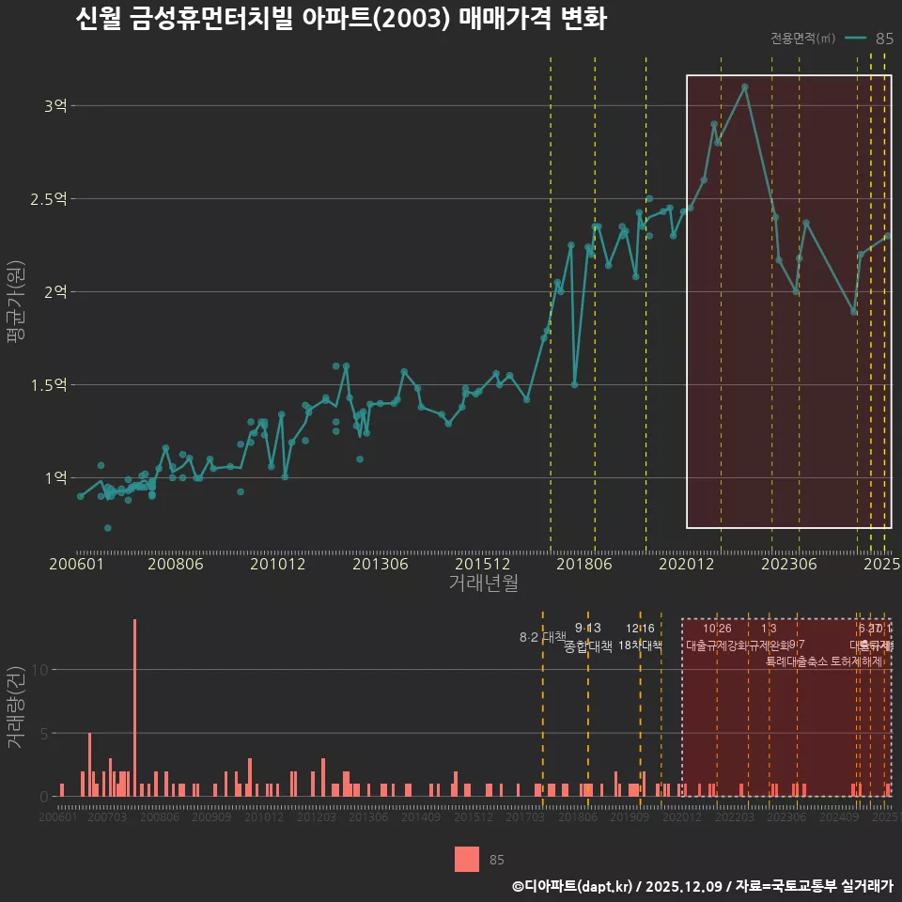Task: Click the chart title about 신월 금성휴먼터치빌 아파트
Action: (340, 20)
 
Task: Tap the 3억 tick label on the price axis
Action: (55, 106)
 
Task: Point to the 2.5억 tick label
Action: (50, 199)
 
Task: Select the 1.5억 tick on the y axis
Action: (50, 385)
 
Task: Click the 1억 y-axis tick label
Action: (55, 478)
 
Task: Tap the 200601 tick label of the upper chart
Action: (76, 565)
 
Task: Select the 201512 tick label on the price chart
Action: (482, 565)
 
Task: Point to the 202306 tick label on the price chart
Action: (786, 565)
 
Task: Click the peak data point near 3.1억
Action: (744, 87)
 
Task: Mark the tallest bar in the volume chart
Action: (134, 707)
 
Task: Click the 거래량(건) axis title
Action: (16, 708)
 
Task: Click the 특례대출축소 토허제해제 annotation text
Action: (824, 661)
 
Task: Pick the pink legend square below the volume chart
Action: (466, 859)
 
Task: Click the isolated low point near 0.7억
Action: (107, 528)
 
